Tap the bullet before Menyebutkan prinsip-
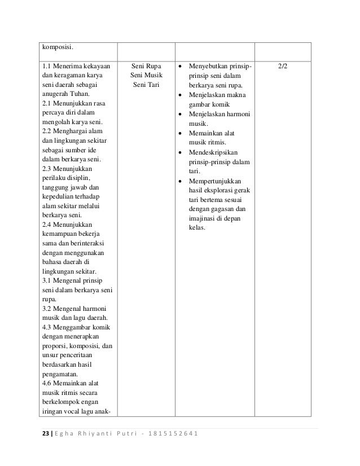click(x=180, y=67)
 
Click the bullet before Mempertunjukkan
click(x=180, y=182)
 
